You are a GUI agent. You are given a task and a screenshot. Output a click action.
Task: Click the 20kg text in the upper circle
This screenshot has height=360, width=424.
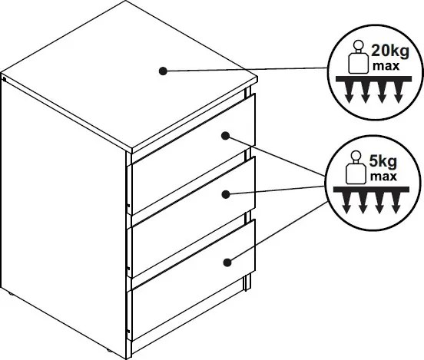point(390,51)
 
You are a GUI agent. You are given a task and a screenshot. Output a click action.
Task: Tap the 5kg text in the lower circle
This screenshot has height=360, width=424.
point(383,162)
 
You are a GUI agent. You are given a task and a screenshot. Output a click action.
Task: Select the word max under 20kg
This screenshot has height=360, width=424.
point(386,66)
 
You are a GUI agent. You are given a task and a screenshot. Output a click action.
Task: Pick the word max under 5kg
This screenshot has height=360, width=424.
point(383,177)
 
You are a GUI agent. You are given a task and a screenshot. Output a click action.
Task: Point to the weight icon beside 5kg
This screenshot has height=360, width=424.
point(356,167)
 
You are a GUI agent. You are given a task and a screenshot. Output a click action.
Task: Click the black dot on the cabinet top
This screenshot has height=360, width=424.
point(163,71)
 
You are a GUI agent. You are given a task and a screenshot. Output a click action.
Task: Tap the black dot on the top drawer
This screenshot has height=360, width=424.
point(226,136)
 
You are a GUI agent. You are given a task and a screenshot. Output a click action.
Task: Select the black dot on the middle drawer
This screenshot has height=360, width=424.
point(226,194)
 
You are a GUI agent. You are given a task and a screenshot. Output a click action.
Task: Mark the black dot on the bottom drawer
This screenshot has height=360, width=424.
point(227,263)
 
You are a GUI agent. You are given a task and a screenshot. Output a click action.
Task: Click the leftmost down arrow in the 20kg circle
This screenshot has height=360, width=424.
point(349,92)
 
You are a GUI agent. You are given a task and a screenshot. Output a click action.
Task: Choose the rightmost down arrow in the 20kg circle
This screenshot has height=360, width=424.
point(398,92)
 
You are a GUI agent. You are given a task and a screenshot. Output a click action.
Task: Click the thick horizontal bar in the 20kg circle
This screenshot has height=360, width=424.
point(374,79)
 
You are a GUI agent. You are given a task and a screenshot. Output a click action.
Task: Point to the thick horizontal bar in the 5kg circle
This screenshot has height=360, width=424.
point(371,190)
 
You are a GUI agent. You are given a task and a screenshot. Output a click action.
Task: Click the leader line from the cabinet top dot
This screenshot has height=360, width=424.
point(247,70)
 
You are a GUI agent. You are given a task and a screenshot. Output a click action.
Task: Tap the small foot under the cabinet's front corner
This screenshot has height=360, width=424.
point(109,351)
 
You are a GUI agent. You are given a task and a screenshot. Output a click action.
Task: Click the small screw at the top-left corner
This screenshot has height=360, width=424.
point(4,79)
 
